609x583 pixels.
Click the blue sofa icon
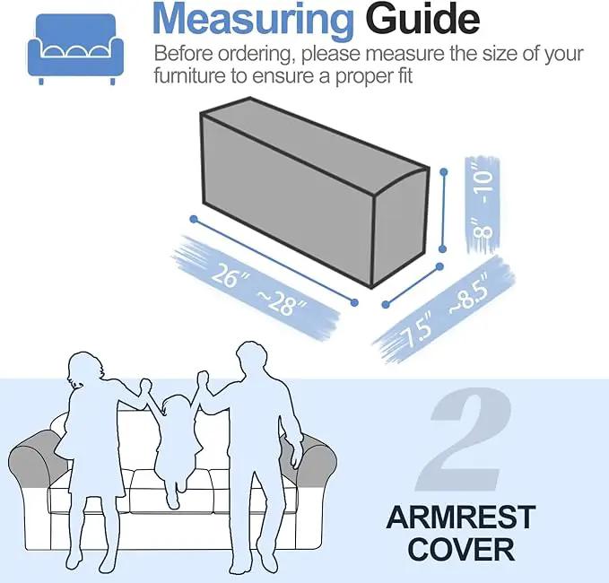[75, 48]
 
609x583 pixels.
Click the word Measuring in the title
[253, 19]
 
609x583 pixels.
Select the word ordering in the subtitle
[255, 54]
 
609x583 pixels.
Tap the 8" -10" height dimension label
[483, 204]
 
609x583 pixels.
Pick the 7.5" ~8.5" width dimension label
[446, 310]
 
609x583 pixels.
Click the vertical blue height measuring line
[443, 210]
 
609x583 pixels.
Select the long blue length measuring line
[274, 261]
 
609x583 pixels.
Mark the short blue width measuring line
[413, 285]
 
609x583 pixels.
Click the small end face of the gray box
[400, 229]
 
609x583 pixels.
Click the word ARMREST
[461, 517]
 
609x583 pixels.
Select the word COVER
[461, 549]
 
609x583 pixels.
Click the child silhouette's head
[178, 409]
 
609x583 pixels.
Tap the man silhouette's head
[252, 360]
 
